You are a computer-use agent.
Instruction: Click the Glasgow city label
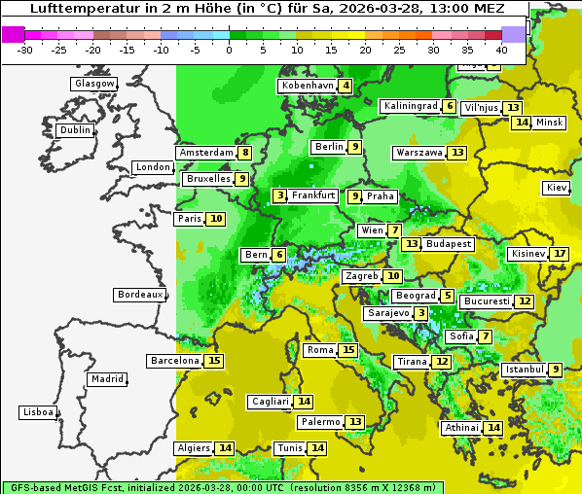tap(93, 84)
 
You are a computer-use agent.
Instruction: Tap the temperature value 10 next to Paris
tap(215, 219)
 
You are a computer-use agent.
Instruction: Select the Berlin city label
tap(329, 147)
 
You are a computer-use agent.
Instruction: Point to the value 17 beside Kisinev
tap(559, 254)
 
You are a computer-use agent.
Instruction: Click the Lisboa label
tap(37, 412)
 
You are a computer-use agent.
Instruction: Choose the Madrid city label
tap(105, 379)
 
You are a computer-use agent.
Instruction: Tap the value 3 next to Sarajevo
tap(420, 313)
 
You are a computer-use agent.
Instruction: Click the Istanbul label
tap(524, 370)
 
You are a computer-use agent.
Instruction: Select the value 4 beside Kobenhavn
tap(346, 86)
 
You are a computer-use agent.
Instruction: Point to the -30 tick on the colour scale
tap(25, 50)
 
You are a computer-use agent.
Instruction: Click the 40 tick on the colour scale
tap(501, 50)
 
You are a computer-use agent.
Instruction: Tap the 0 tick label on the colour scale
tap(229, 50)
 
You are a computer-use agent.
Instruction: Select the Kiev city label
tap(557, 188)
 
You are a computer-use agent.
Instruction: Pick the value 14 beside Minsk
tap(523, 123)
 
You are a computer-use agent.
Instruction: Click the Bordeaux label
tap(139, 294)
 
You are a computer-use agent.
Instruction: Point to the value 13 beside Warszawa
tap(457, 153)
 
